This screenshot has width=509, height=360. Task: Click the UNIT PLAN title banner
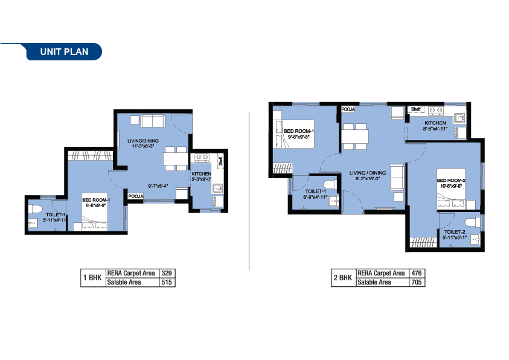pyautogui.click(x=64, y=52)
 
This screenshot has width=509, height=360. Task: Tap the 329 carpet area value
pyautogui.click(x=167, y=274)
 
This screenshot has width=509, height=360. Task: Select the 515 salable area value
pyautogui.click(x=167, y=282)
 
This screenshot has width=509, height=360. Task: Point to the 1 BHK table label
pyautogui.click(x=93, y=278)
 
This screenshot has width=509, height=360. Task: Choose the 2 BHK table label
pyautogui.click(x=343, y=278)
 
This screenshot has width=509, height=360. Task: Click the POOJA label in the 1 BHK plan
pyautogui.click(x=135, y=196)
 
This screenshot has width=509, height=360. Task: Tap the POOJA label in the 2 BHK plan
pyautogui.click(x=348, y=110)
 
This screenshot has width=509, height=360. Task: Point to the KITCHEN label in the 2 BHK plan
pyautogui.click(x=435, y=123)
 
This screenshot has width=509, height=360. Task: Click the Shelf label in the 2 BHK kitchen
pyautogui.click(x=415, y=109)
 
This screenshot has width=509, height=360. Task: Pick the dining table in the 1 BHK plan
pyautogui.click(x=176, y=158)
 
